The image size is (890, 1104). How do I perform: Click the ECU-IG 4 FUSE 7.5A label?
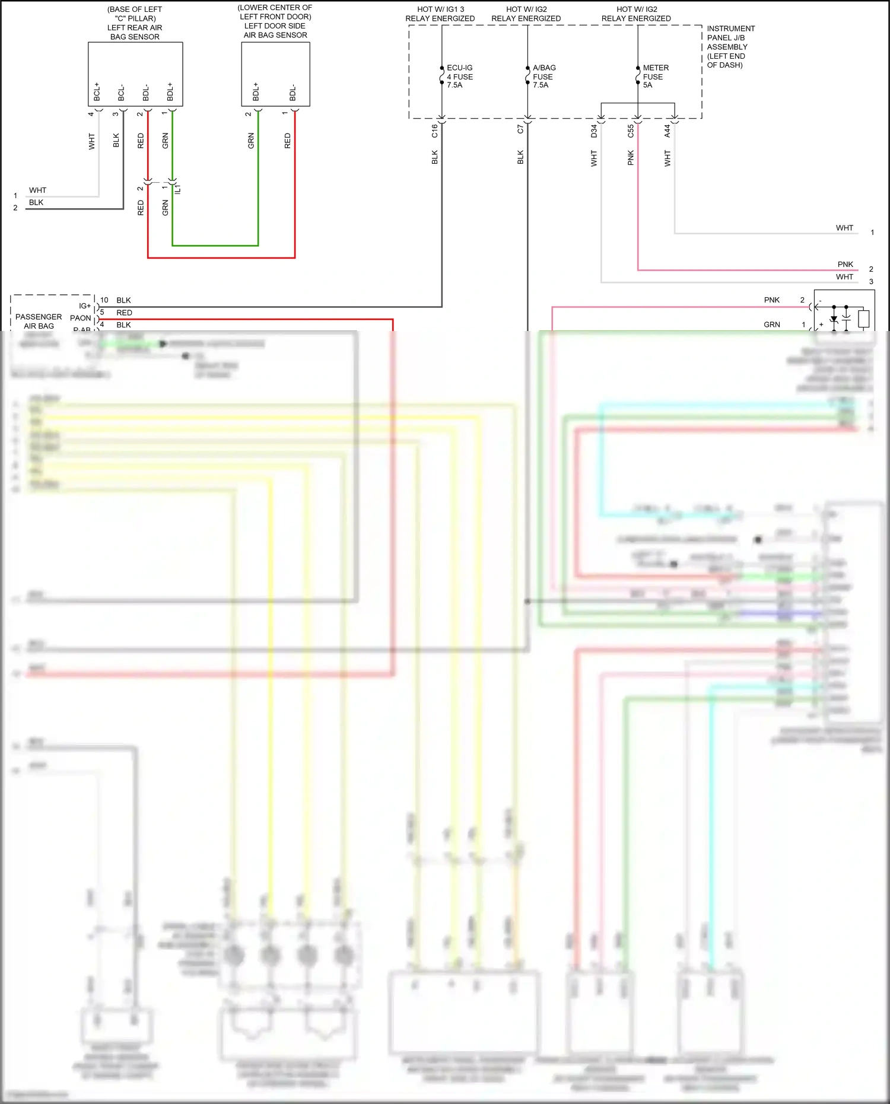pos(459,77)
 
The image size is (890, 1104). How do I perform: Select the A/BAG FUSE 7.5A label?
pos(543,77)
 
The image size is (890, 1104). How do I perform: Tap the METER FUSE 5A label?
pos(655,77)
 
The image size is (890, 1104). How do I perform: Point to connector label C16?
pos(434,131)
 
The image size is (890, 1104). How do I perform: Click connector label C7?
pos(520,129)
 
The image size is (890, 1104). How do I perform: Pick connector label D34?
pos(594,131)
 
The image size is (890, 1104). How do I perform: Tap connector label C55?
pos(631,131)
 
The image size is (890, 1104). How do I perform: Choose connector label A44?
pos(667,131)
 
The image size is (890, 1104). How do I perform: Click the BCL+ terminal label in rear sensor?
pos(97,91)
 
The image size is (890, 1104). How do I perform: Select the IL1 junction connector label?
pos(177,189)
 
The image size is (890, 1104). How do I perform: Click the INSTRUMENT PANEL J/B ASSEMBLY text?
pos(730,47)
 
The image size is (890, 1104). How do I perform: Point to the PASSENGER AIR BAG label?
pos(39,321)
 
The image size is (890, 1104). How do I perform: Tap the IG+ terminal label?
pos(85,306)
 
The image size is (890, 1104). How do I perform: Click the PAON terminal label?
pos(81,318)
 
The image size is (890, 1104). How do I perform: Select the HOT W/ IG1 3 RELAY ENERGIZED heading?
pos(440,14)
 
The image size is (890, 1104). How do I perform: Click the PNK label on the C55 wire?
pos(631,158)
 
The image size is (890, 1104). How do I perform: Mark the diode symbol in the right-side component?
pos(834,320)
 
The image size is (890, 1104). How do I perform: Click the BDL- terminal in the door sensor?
pos(293,93)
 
